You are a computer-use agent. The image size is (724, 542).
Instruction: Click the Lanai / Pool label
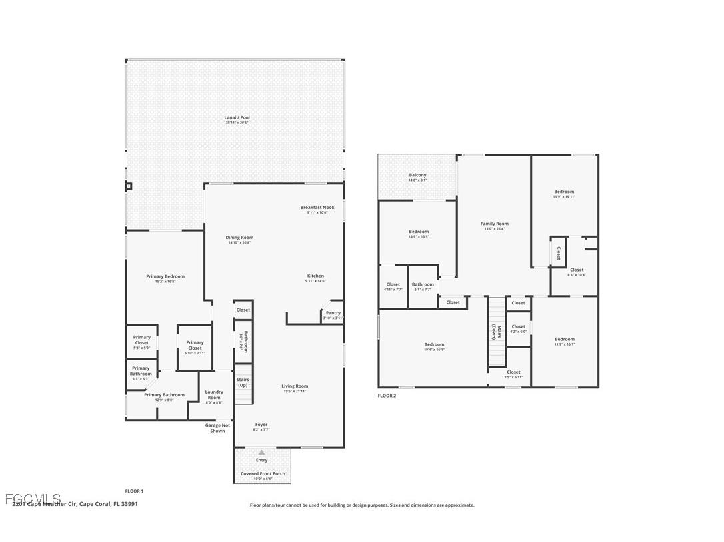[237, 118]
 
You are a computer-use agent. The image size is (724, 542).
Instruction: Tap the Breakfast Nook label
[317, 208]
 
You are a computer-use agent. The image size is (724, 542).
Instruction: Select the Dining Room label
[239, 238]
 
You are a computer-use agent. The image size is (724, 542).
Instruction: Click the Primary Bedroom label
[165, 276]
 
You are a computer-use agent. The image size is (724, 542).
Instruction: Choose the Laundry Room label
[214, 395]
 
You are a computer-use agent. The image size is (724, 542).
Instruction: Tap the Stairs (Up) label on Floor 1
[243, 382]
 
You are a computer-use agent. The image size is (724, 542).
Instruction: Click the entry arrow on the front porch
[261, 453]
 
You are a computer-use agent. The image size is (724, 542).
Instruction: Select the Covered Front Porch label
[263, 474]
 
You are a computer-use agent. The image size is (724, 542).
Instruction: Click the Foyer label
[261, 425]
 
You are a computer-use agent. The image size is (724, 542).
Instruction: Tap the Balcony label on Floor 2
[417, 176]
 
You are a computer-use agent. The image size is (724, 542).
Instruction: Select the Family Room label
[495, 224]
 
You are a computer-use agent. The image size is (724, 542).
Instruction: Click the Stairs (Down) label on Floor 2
[494, 332]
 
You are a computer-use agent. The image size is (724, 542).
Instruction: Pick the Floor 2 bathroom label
[423, 285]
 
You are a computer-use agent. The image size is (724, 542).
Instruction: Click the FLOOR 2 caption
[387, 396]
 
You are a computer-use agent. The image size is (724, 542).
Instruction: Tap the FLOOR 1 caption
[134, 491]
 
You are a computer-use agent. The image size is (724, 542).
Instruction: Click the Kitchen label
[315, 276]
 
